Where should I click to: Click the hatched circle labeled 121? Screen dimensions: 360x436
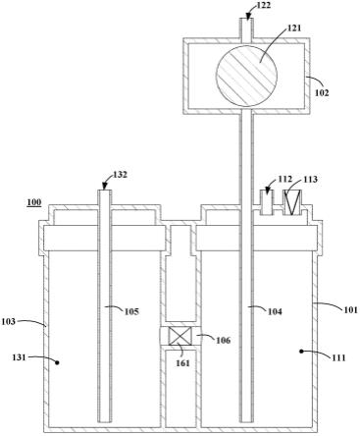point(246,76)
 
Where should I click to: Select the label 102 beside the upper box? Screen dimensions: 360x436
point(322,92)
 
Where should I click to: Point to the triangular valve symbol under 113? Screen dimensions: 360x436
point(292,202)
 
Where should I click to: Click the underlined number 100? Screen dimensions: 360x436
point(34,202)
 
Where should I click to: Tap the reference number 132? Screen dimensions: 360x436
point(120,175)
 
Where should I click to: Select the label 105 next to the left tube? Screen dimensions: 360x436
point(131,311)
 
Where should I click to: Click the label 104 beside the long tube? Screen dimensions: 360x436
point(275,311)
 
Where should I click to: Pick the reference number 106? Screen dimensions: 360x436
point(223,340)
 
